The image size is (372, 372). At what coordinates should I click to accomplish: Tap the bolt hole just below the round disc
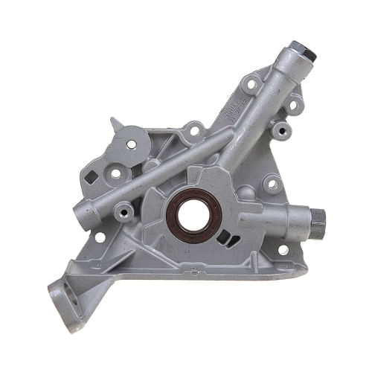click(x=116, y=173)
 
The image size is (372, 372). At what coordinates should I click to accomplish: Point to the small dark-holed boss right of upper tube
click(x=280, y=131)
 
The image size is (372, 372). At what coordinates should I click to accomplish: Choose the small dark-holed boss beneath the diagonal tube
click(x=123, y=212)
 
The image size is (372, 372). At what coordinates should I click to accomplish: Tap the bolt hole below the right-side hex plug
click(x=283, y=249)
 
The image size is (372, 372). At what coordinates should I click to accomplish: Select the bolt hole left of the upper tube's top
click(x=250, y=83)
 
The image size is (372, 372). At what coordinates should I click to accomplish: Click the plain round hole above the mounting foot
click(x=99, y=237)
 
